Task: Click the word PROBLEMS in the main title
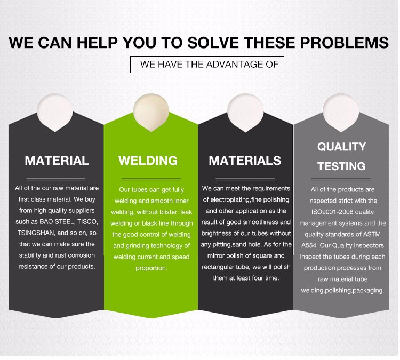click(x=344, y=42)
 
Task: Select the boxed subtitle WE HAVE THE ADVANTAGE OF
click(x=207, y=65)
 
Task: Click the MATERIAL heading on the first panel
click(x=57, y=161)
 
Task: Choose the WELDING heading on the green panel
click(x=148, y=161)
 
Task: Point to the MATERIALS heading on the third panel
click(x=245, y=161)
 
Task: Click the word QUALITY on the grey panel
click(x=341, y=147)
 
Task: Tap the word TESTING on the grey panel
click(x=341, y=166)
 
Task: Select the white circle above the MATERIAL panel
click(x=55, y=113)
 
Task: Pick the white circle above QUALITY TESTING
click(x=341, y=113)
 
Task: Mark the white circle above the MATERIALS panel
click(x=245, y=113)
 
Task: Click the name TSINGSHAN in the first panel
click(x=36, y=233)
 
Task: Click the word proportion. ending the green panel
click(x=151, y=268)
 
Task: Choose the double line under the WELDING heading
click(x=151, y=179)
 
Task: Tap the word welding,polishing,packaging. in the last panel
click(x=342, y=291)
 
